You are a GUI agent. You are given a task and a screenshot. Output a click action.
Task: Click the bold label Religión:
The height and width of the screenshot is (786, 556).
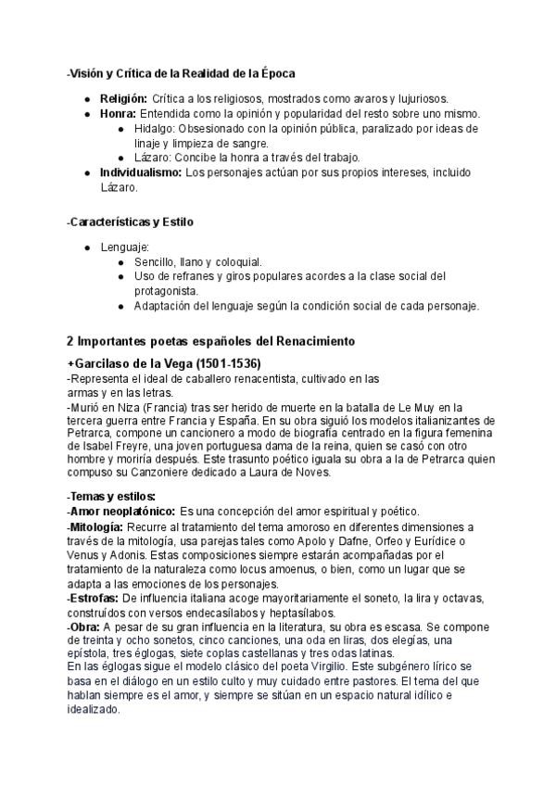123,97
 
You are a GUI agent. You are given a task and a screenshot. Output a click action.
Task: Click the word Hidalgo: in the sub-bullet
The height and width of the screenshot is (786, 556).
155,128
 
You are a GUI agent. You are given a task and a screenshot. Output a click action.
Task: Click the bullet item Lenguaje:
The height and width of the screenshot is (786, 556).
124,247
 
